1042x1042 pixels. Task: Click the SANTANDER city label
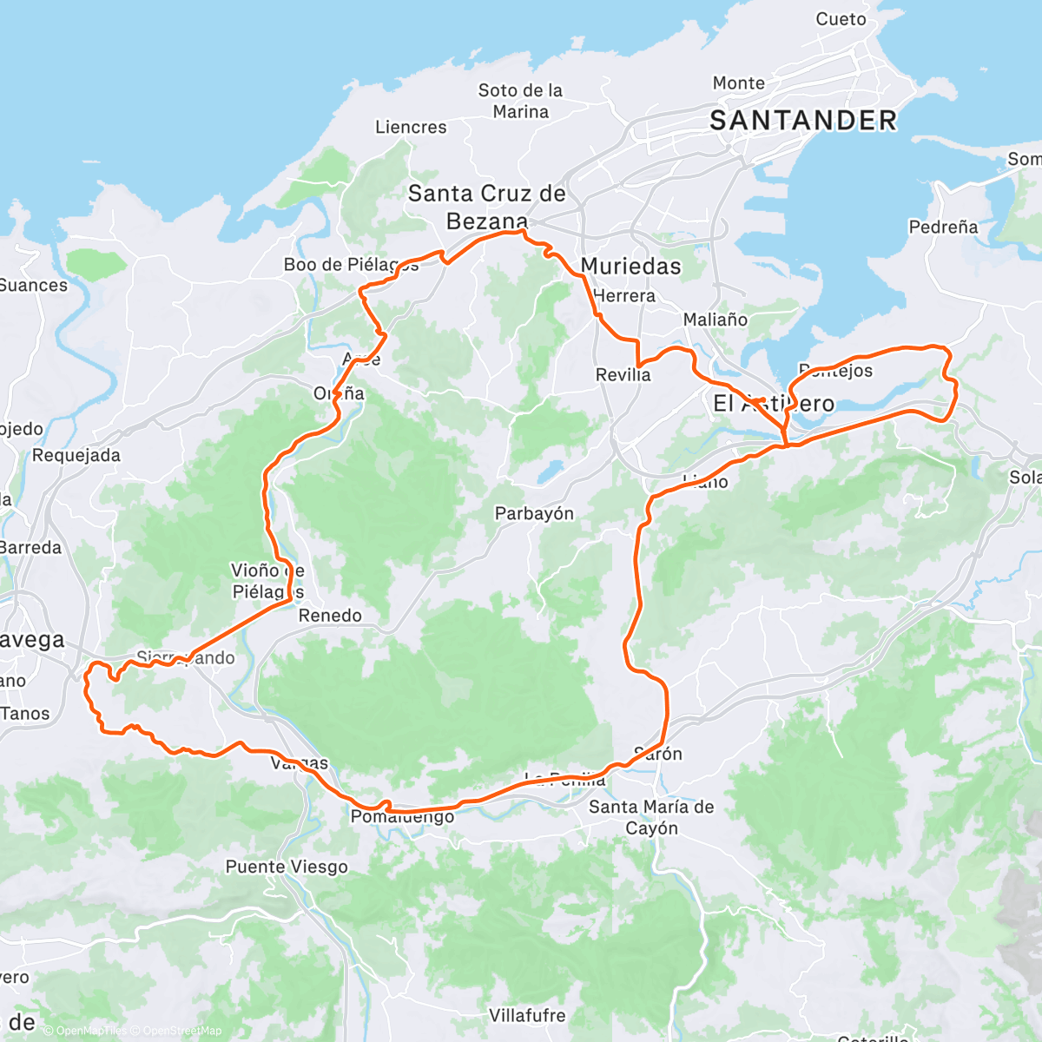coord(803,120)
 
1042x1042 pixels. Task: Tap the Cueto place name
coord(841,19)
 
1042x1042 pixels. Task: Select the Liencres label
coord(411,127)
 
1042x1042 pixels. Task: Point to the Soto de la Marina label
coord(520,101)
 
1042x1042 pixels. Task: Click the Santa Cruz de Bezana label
coord(487,207)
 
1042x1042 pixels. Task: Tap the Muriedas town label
coord(631,266)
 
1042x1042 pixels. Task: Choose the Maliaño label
coord(715,320)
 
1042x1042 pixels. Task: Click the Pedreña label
coord(943,227)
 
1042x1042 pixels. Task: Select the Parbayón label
coord(534,513)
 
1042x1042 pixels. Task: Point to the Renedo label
coord(330,616)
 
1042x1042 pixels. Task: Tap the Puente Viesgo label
coord(287,867)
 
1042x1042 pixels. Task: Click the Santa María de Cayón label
coord(651,817)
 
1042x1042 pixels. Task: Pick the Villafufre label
coord(527,1015)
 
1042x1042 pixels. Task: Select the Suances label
coord(33,285)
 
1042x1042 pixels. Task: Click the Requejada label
coord(76,455)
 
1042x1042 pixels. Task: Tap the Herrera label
coord(624,295)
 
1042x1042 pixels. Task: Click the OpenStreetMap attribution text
coord(182,1031)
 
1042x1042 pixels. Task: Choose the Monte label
coord(739,82)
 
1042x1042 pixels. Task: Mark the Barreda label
coord(31,547)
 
